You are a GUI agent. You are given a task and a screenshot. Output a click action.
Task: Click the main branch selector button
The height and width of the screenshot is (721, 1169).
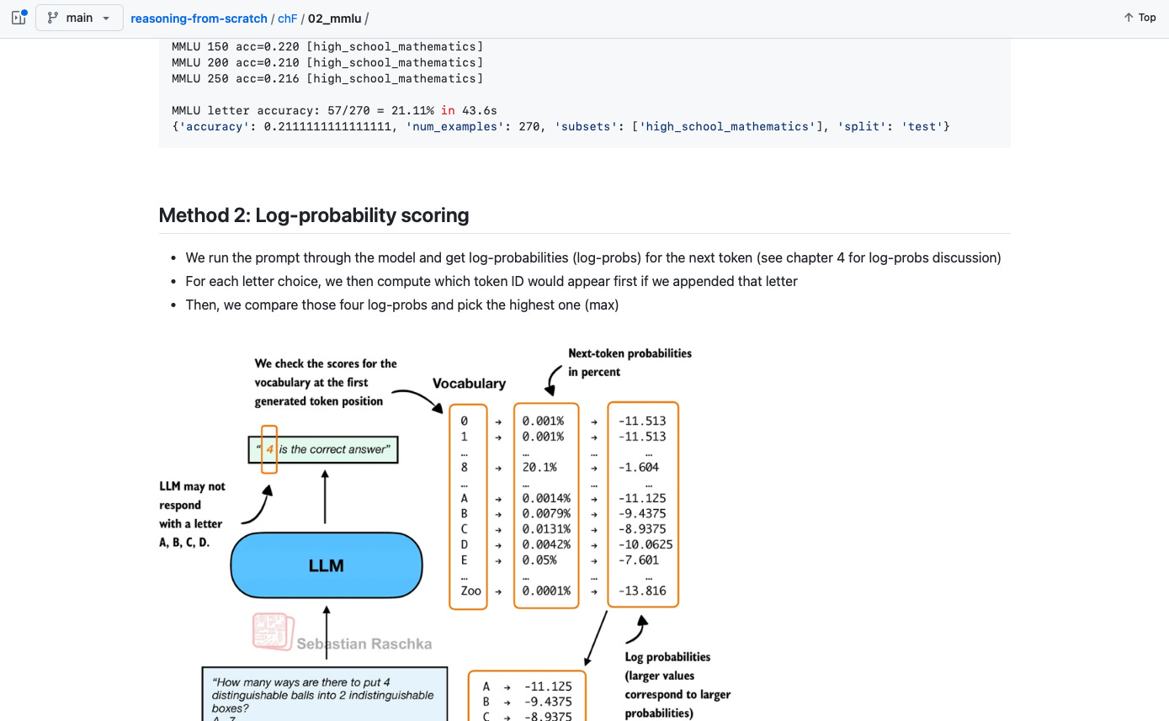click(79, 18)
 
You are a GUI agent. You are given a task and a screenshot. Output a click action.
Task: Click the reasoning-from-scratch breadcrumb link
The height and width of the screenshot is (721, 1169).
click(199, 19)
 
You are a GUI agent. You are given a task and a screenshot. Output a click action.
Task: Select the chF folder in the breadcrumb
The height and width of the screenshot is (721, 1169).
click(287, 19)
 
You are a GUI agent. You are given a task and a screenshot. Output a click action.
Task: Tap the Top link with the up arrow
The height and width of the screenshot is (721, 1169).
click(1140, 18)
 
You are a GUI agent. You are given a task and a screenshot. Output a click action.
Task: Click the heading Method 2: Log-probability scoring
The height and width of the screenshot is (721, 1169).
click(313, 215)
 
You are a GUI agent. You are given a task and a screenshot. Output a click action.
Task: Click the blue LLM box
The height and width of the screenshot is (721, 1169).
click(326, 565)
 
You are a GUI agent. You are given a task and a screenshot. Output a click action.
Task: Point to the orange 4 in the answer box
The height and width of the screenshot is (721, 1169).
click(269, 449)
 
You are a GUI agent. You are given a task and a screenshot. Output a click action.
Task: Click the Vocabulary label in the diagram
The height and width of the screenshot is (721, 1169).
click(469, 384)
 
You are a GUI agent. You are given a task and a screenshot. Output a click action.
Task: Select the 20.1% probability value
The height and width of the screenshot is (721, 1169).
click(539, 467)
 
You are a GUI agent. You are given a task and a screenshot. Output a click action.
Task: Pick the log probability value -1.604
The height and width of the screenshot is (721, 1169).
click(639, 467)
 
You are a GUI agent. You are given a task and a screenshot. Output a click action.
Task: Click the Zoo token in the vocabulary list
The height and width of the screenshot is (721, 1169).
click(470, 591)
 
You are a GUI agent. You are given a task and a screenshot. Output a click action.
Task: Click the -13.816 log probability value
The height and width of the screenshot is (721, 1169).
click(641, 591)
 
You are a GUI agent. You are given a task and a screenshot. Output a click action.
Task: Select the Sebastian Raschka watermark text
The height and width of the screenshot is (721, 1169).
click(364, 644)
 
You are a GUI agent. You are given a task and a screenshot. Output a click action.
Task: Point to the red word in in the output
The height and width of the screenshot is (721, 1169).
click(448, 110)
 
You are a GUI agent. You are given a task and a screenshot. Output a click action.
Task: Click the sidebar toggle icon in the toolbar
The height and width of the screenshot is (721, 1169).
click(19, 18)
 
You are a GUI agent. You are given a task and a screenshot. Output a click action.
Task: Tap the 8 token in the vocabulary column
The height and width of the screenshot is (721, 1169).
click(465, 467)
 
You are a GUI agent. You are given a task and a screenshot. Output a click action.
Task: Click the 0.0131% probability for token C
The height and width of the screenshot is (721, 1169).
click(546, 529)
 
